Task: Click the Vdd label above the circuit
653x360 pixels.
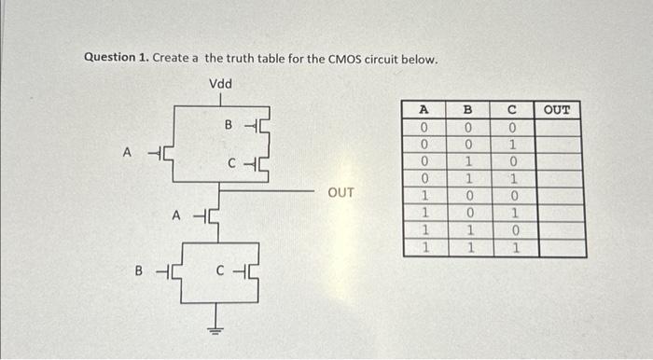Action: coord(221,84)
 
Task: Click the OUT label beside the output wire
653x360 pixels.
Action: coord(341,193)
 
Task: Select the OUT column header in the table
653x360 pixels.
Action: coord(557,110)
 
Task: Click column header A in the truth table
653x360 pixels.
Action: coord(424,109)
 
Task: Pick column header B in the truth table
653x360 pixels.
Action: coord(472,109)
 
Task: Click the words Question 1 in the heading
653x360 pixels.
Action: coord(116,58)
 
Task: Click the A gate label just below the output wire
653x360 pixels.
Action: coord(174,215)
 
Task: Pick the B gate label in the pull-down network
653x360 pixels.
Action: coord(139,273)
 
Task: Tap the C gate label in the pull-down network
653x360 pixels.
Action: coord(219,273)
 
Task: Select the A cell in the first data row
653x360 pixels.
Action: coord(424,126)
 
